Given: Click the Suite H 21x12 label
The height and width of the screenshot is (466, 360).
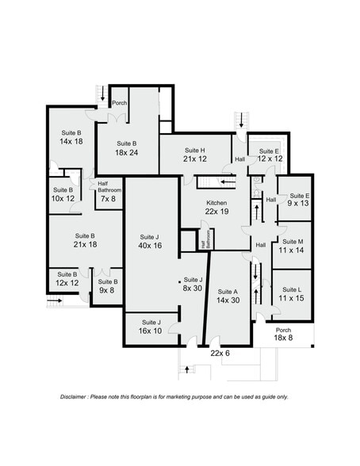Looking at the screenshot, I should pyautogui.click(x=194, y=155).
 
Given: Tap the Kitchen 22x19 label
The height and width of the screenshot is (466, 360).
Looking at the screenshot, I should pyautogui.click(x=216, y=208).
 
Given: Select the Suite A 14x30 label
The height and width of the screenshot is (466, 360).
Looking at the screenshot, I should pyautogui.click(x=228, y=296).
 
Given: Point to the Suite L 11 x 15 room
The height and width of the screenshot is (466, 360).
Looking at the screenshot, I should pyautogui.click(x=291, y=293).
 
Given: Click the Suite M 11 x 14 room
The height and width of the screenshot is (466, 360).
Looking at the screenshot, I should pyautogui.click(x=291, y=246).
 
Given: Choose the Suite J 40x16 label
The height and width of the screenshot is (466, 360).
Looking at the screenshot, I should pyautogui.click(x=149, y=242).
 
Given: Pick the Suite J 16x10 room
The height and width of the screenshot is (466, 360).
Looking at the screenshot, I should pyautogui.click(x=151, y=327).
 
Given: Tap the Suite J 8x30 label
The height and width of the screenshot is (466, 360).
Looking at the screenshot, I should pyautogui.click(x=193, y=285).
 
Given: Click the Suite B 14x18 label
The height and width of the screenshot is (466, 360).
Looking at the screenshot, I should pyautogui.click(x=71, y=137).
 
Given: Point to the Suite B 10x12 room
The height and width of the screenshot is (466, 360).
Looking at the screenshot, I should pyautogui.click(x=63, y=193).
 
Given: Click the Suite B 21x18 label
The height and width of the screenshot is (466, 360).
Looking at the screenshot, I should pyautogui.click(x=85, y=240).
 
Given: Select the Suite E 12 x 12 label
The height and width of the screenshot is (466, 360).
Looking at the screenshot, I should pyautogui.click(x=268, y=155).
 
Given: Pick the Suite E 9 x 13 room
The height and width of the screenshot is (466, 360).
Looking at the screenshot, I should pyautogui.click(x=297, y=199).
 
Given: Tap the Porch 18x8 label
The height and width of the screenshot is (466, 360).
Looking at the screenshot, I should pyautogui.click(x=283, y=334).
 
